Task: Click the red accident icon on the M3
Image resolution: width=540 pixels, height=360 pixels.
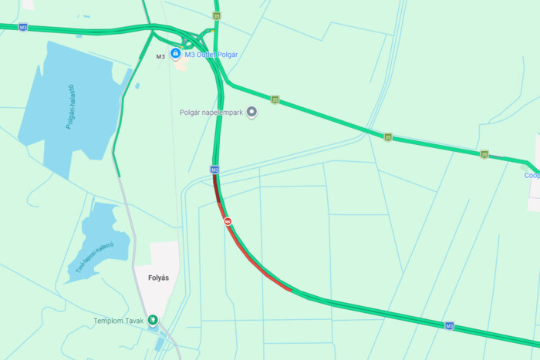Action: coord(228,221)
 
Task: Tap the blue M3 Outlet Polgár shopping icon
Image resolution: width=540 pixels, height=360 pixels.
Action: coord(176,54)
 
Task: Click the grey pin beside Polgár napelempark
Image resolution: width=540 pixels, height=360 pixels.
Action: coord(251,113)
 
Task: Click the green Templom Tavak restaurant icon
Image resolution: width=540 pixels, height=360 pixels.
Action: coord(154,319)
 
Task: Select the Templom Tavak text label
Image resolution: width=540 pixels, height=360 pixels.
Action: coord(119,321)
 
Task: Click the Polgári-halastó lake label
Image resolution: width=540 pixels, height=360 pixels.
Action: coord(69,106)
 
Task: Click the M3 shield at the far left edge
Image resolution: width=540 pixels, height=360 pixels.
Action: coord(23,27)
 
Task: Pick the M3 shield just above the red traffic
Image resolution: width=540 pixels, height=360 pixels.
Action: coord(214,170)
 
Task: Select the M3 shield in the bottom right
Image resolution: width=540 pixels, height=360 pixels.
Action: coord(449,326)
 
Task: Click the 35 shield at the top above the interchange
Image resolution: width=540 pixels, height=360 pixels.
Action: coord(217,15)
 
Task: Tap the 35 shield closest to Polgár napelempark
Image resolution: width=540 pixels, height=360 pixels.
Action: coord(275,99)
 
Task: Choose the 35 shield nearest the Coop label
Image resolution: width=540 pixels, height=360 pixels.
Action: coord(484,154)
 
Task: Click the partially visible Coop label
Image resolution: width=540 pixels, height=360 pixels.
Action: coord(532,175)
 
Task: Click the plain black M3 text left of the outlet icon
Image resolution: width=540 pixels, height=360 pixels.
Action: coord(160,56)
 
